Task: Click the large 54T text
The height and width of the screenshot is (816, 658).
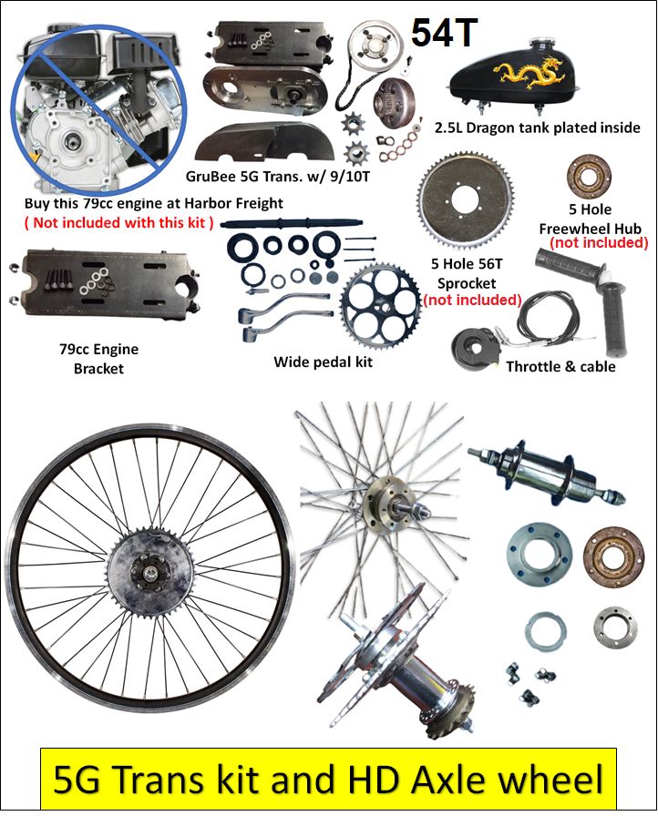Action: pos(444,33)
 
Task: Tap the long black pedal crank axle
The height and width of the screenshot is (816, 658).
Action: pos(286,223)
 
